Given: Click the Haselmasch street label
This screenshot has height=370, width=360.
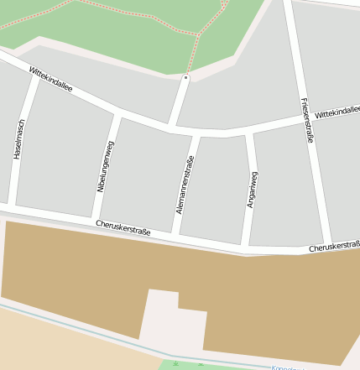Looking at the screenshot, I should (19, 139).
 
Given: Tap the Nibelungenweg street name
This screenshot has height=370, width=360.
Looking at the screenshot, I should (106, 166).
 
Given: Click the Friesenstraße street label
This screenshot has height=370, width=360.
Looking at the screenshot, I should (305, 120).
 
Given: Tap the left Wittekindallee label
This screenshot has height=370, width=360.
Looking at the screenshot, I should (50, 79).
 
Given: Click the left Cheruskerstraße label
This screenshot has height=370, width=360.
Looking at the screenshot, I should (123, 227).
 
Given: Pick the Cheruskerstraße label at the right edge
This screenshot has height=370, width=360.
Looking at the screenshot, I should (334, 246).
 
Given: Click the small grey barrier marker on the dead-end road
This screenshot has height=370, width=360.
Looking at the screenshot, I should (185, 78).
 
